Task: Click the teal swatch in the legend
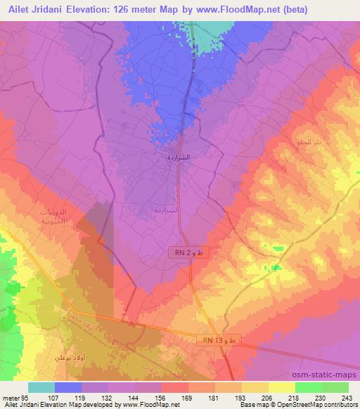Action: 42,387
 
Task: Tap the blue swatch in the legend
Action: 69,387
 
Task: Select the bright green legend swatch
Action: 308,387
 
